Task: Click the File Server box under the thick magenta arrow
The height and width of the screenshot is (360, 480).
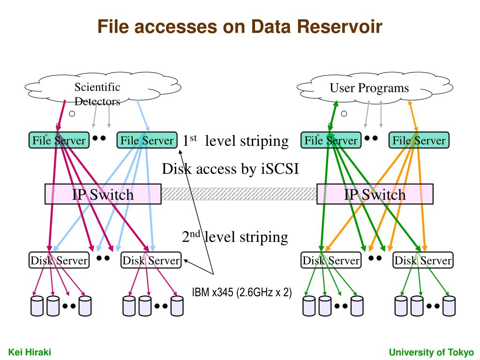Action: pyautogui.click(x=59, y=140)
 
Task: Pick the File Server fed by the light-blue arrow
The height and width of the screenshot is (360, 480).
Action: pyautogui.click(x=147, y=140)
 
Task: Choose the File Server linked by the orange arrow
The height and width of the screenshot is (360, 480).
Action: pyautogui.click(x=419, y=140)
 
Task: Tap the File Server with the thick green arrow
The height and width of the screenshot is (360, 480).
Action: pyautogui.click(x=331, y=140)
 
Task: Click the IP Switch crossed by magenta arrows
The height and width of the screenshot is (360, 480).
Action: pyautogui.click(x=103, y=194)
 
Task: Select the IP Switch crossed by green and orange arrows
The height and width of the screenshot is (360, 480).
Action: pyautogui.click(x=375, y=194)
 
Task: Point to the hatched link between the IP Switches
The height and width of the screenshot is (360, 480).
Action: pyautogui.click(x=239, y=194)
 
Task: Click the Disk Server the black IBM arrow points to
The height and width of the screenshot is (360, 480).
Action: pyautogui.click(x=151, y=260)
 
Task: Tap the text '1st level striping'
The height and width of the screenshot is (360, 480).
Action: pyautogui.click(x=235, y=141)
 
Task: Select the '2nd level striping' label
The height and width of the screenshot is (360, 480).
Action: pyautogui.click(x=235, y=237)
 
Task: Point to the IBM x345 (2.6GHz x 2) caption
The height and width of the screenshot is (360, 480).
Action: pyautogui.click(x=242, y=292)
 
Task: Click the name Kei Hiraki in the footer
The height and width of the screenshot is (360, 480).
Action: pyautogui.click(x=30, y=352)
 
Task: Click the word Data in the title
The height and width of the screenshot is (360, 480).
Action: pyautogui.click(x=270, y=26)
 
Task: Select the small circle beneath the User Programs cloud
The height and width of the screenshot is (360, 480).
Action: pyautogui.click(x=344, y=113)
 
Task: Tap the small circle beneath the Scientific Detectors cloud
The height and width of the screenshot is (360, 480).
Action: pyautogui.click(x=72, y=113)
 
